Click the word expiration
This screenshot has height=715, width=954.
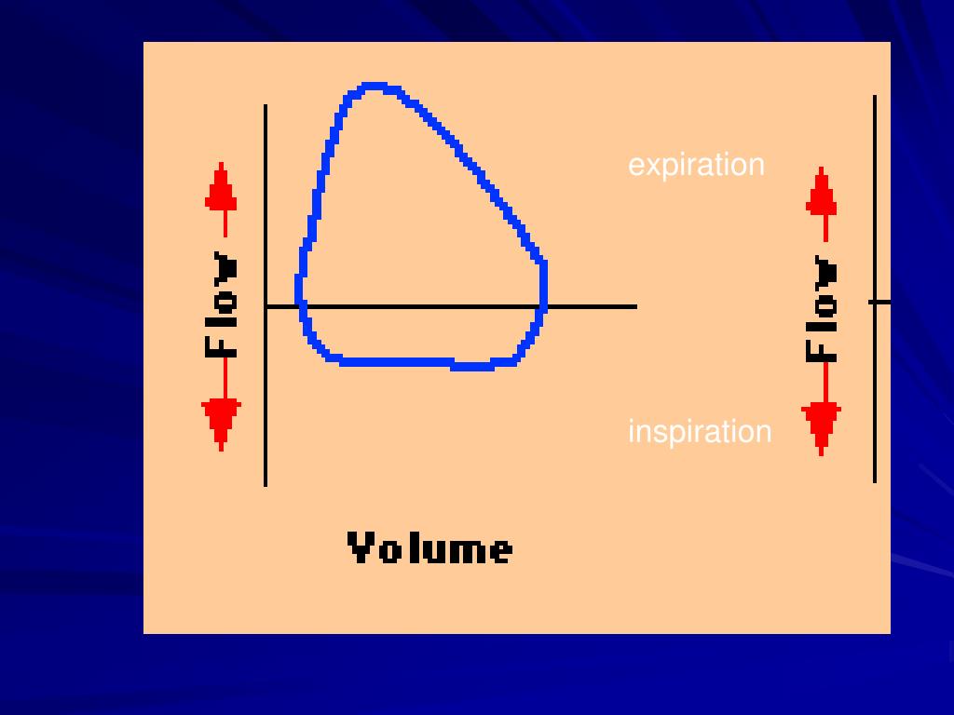pos(696,165)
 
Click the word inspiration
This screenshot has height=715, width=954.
pos(700,432)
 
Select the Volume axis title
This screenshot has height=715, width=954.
pos(429,548)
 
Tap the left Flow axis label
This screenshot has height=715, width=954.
pos(222,304)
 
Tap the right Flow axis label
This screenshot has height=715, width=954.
pos(822,308)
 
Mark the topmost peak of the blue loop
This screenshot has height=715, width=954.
pos(374,88)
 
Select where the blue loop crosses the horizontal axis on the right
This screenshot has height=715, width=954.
pos(542,305)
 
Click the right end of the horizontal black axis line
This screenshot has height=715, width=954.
pos(635,305)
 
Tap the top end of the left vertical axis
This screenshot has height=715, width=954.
pos(266,106)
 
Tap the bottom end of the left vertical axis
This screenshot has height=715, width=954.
pos(266,484)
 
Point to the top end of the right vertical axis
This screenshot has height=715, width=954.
pos(875,97)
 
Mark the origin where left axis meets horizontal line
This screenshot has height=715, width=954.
pos(266,305)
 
